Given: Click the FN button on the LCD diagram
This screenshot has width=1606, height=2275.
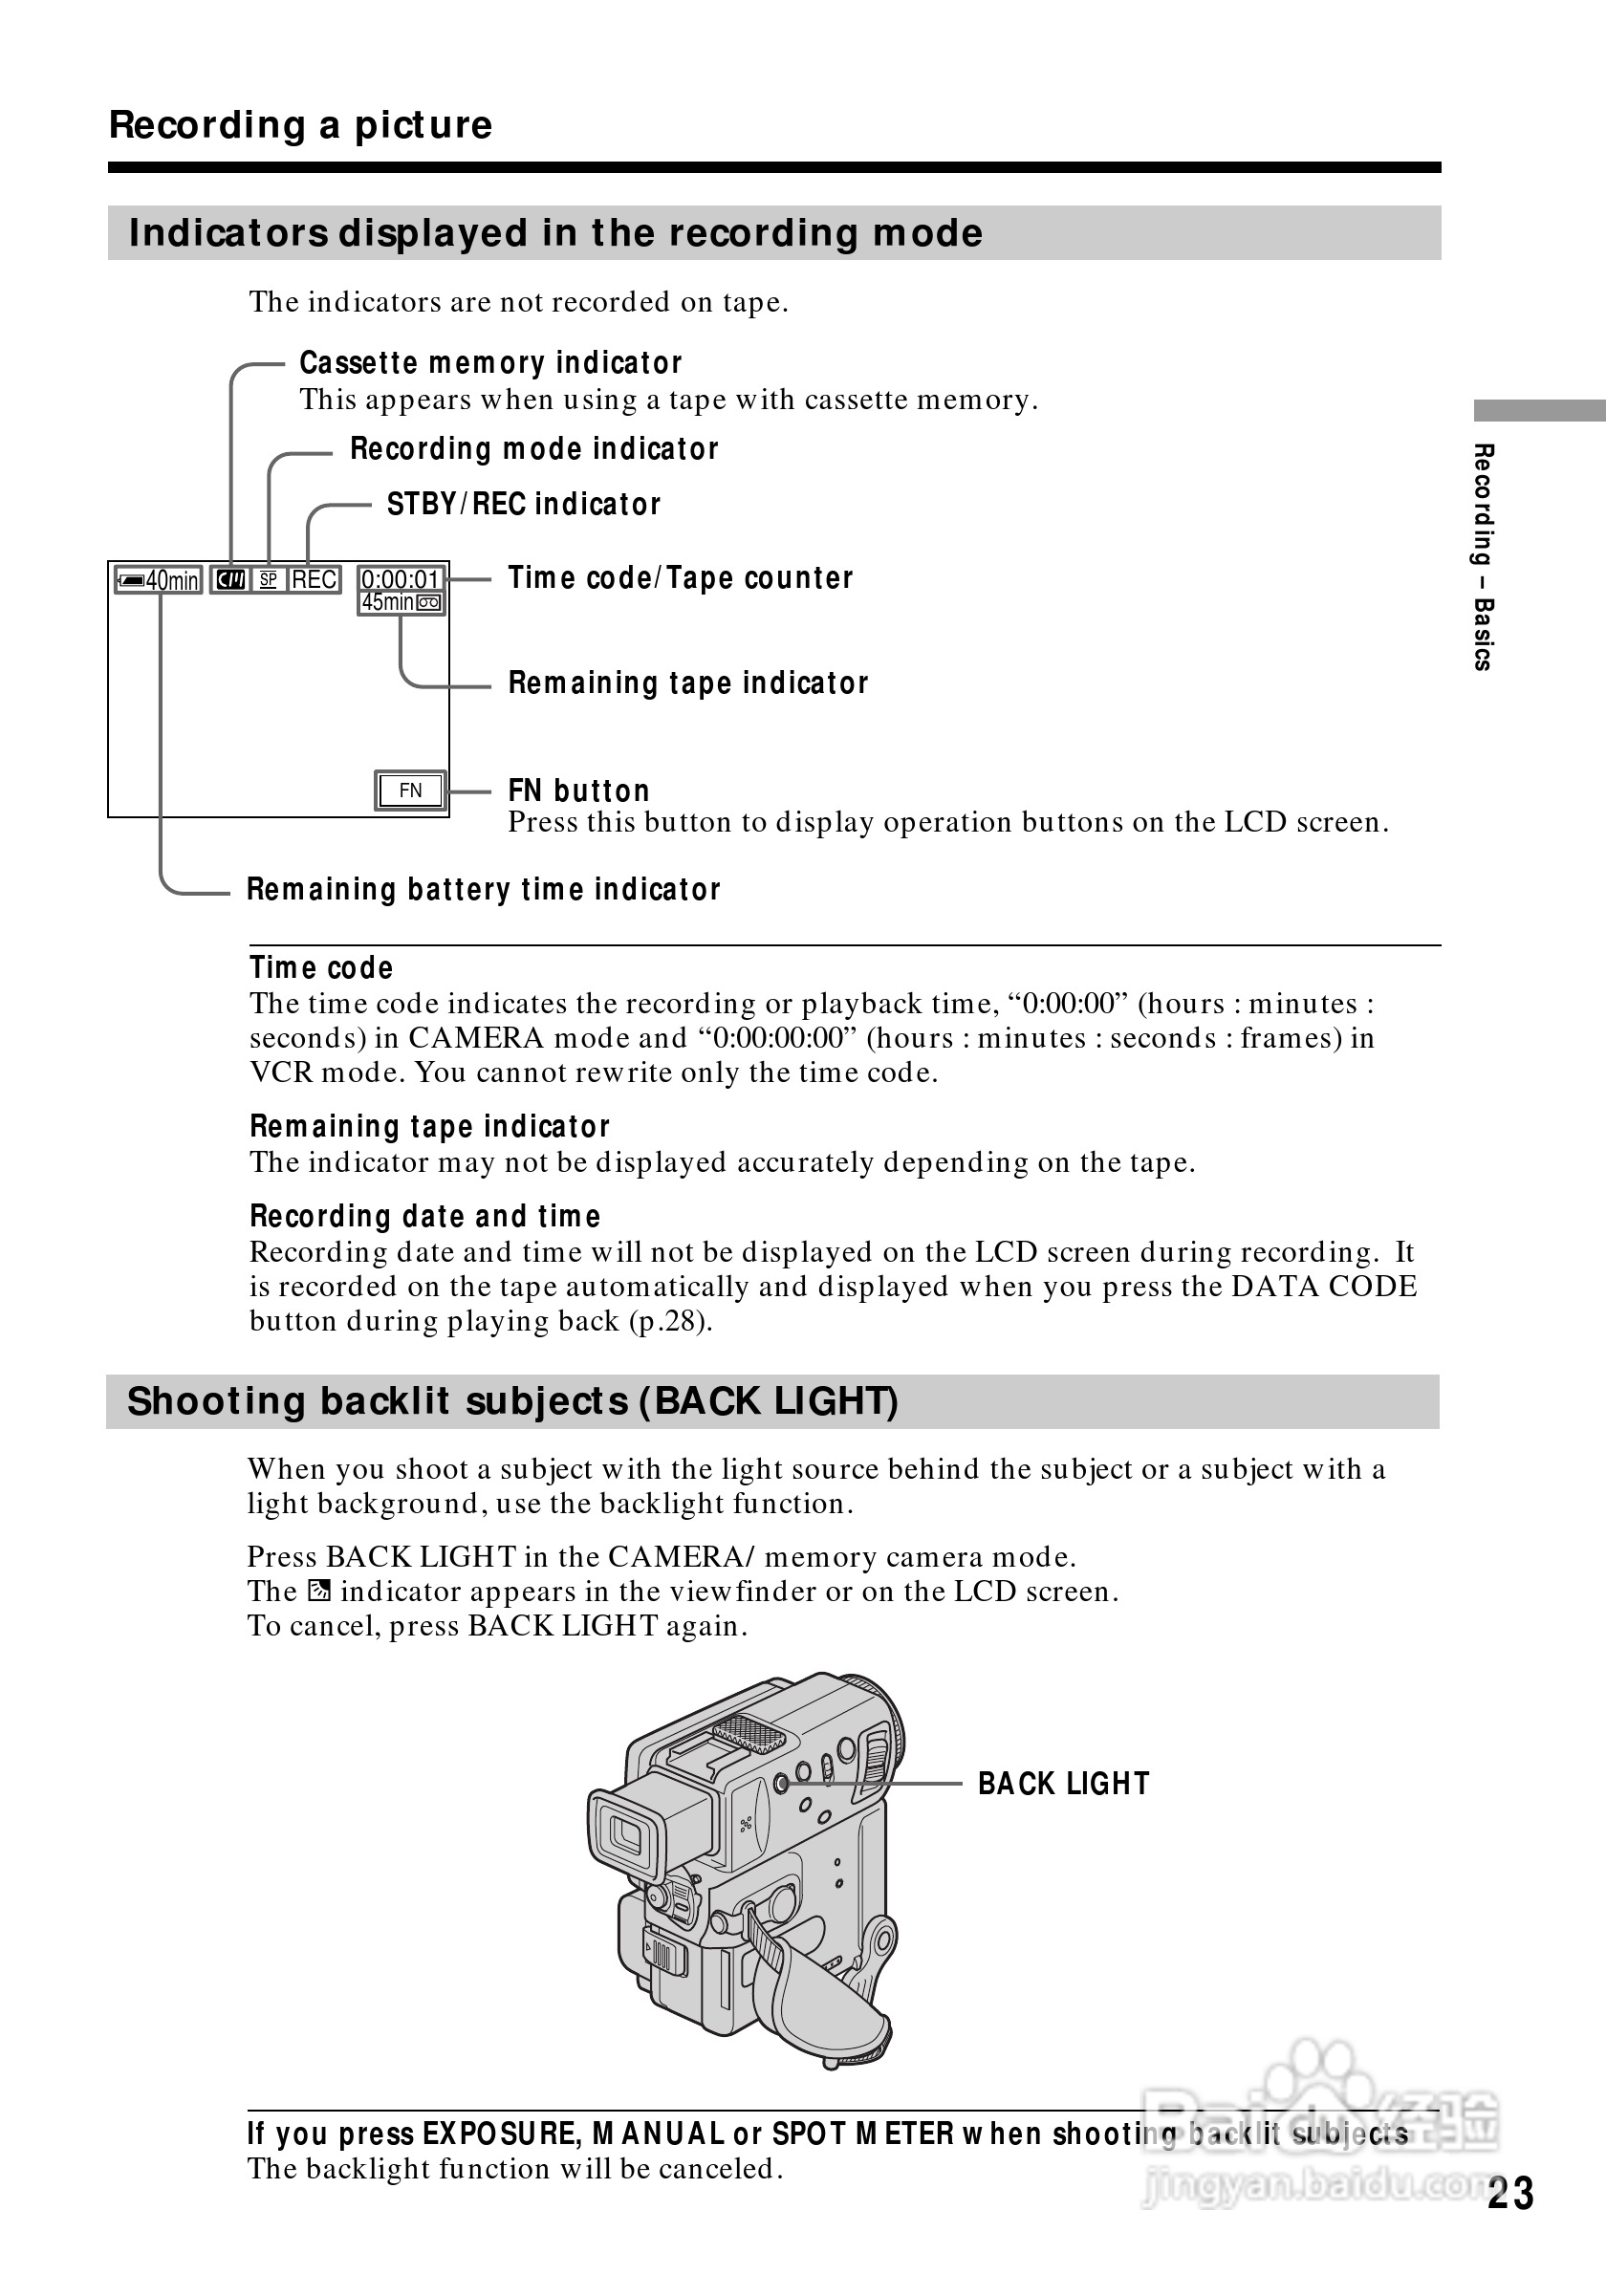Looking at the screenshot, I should pyautogui.click(x=410, y=791).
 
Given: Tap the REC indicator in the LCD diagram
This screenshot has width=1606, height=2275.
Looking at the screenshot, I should pyautogui.click(x=315, y=579).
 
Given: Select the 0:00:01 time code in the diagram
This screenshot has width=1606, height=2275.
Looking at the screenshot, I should pyautogui.click(x=401, y=579).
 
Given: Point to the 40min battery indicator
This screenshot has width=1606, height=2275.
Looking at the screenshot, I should pyautogui.click(x=159, y=580).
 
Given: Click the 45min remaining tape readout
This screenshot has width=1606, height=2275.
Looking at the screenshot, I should pyautogui.click(x=388, y=602).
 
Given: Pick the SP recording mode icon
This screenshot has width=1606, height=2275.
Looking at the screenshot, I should pyautogui.click(x=269, y=579).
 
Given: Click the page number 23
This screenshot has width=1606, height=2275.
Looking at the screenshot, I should pyautogui.click(x=1508, y=2194).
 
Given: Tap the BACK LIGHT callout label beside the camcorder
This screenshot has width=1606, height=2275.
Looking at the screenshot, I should pyautogui.click(x=1063, y=1785).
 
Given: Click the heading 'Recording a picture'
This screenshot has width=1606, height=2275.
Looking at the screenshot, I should pyautogui.click(x=300, y=126).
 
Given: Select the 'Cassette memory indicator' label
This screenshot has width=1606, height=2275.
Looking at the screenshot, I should pyautogui.click(x=490, y=363).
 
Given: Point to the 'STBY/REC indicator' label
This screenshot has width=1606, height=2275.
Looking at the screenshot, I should pyautogui.click(x=523, y=505).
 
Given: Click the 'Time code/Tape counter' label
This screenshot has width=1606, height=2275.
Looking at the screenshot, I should pyautogui.click(x=680, y=577).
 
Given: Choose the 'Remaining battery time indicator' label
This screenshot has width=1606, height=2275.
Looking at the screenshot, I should pyautogui.click(x=484, y=890).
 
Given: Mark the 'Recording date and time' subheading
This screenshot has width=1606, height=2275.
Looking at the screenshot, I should pyautogui.click(x=425, y=1217).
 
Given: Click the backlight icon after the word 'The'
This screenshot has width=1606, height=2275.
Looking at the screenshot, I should pyautogui.click(x=318, y=1592).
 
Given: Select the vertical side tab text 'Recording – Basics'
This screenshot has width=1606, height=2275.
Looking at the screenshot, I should pyautogui.click(x=1483, y=557).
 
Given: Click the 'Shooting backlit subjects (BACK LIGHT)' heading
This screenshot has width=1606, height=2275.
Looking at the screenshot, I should pyautogui.click(x=512, y=1402).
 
